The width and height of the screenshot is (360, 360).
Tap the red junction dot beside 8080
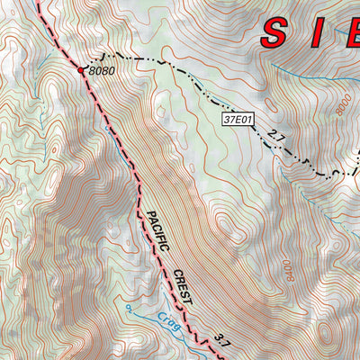(81, 69)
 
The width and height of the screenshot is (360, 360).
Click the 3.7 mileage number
(223, 339)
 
